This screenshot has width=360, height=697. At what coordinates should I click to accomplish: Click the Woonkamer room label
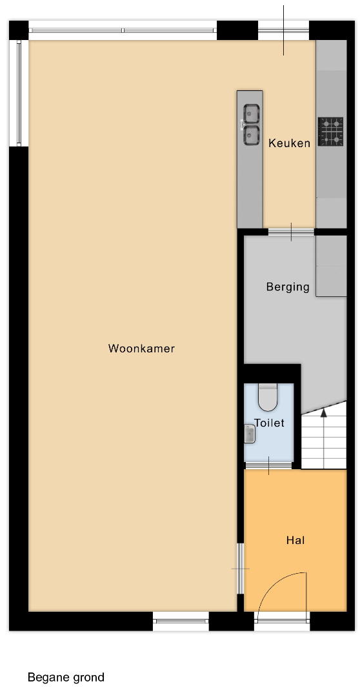(x=141, y=348)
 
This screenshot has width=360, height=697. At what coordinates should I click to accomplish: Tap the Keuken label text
(x=289, y=143)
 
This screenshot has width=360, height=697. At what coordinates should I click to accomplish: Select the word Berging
(x=288, y=287)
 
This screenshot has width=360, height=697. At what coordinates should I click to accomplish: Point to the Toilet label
(x=269, y=423)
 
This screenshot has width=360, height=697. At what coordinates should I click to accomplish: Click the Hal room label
(x=295, y=541)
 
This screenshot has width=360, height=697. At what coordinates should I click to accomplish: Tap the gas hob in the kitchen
(x=331, y=132)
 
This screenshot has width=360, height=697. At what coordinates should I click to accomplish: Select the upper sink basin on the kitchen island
(x=251, y=113)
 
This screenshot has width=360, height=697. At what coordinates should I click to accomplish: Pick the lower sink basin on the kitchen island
(x=251, y=135)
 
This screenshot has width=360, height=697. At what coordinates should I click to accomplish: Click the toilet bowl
(x=268, y=398)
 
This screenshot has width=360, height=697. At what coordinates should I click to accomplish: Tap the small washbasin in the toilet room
(x=249, y=434)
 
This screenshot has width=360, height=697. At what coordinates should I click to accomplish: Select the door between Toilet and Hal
(x=268, y=465)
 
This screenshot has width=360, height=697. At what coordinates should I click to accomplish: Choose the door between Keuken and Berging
(x=291, y=232)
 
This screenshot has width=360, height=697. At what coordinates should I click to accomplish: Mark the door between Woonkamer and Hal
(x=241, y=569)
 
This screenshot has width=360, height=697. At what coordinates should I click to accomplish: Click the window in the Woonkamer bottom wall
(x=181, y=621)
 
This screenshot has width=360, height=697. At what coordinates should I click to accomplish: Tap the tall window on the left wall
(x=19, y=93)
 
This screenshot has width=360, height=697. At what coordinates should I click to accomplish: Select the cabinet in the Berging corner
(x=331, y=266)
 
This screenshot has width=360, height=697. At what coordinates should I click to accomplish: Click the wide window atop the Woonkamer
(x=123, y=30)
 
